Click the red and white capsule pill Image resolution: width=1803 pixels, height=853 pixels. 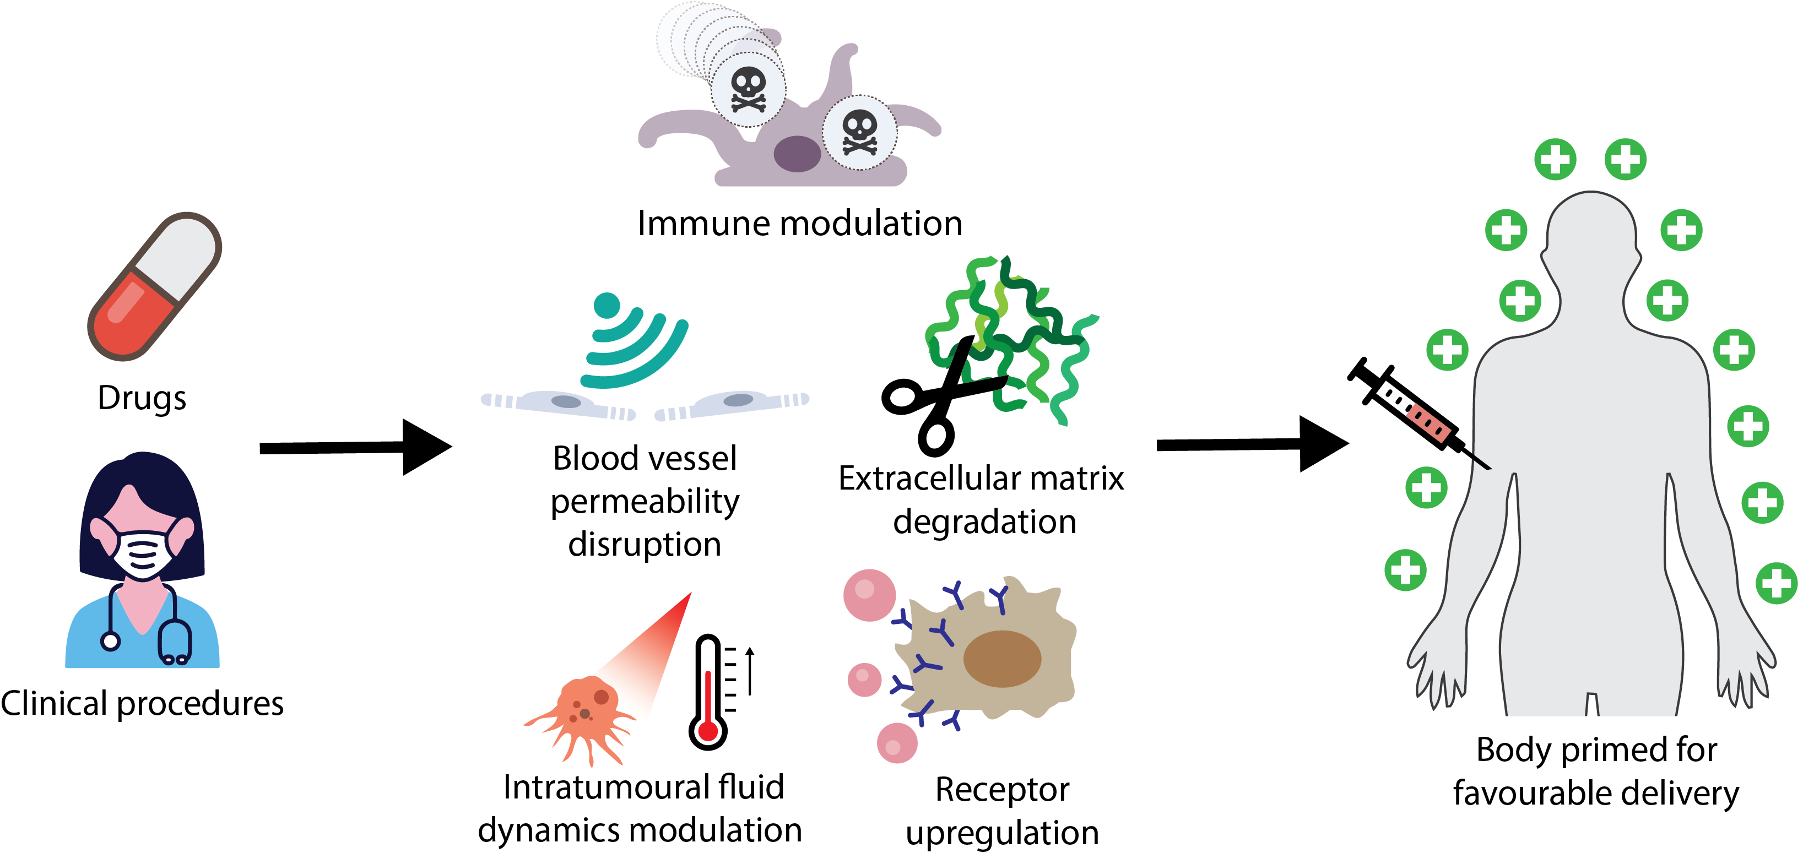(x=154, y=286)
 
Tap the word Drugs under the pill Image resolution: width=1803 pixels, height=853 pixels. (x=142, y=398)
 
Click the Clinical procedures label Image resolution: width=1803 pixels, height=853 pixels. (x=142, y=703)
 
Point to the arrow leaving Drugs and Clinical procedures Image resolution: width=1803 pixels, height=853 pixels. (x=355, y=447)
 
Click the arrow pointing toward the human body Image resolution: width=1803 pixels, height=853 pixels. (x=1253, y=444)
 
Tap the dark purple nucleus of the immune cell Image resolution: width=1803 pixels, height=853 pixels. (x=797, y=154)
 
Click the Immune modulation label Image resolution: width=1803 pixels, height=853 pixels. (x=799, y=223)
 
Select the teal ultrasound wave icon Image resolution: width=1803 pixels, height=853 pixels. (x=634, y=340)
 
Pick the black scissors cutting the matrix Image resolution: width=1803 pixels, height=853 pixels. (x=941, y=396)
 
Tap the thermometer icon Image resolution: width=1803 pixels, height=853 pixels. (x=708, y=693)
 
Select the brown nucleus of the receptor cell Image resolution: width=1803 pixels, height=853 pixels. (x=1002, y=659)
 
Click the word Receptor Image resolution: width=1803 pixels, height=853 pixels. (x=1002, y=789)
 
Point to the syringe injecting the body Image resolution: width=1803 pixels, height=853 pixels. (x=1417, y=413)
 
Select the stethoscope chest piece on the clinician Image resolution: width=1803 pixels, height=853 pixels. (x=111, y=641)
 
